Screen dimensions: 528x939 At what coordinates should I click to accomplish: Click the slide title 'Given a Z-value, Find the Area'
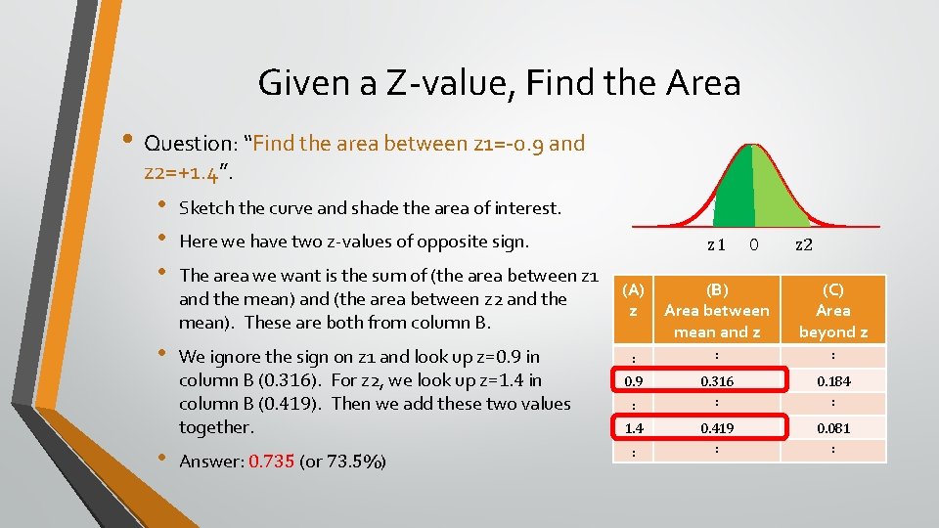[x=499, y=83]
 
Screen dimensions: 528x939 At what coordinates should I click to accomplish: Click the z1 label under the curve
[x=716, y=244]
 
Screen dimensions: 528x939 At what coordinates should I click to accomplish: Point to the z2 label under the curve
[x=803, y=244]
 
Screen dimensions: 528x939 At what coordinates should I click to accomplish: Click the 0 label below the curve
[x=753, y=244]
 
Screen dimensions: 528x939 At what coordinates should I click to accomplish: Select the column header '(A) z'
[x=634, y=299]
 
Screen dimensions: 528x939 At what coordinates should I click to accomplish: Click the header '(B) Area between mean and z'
[x=717, y=310]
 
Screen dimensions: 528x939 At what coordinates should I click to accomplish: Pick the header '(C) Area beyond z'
[x=832, y=310]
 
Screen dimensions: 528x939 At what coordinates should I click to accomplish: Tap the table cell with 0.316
[x=717, y=380]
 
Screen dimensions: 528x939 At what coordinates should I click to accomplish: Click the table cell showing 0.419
[x=717, y=427]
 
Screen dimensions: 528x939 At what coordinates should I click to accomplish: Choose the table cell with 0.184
[x=832, y=380]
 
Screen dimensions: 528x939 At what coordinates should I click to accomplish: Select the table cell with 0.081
[x=832, y=427]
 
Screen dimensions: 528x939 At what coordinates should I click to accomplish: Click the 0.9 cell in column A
[x=634, y=380]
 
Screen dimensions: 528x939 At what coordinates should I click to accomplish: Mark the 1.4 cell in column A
[x=634, y=427]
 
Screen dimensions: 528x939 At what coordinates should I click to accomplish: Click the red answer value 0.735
[x=272, y=462]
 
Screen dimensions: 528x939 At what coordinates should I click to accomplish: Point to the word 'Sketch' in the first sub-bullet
[x=205, y=208]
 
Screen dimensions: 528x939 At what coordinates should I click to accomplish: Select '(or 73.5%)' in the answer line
[x=343, y=462]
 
